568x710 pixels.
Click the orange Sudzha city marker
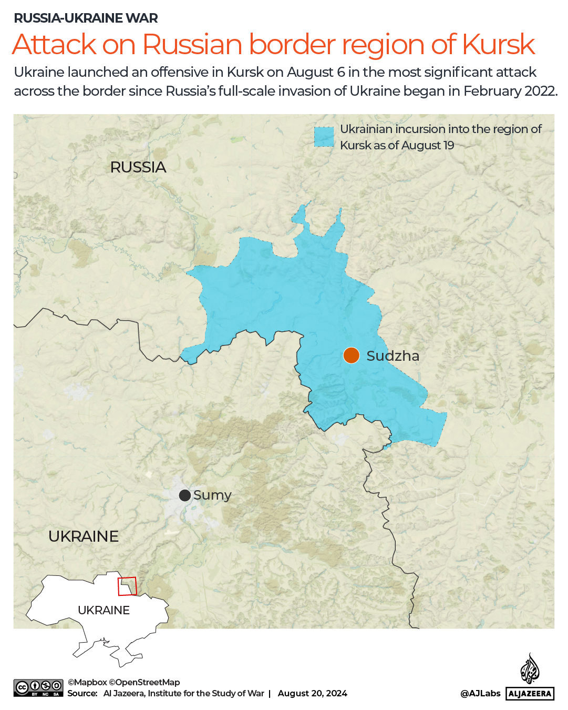point(351,356)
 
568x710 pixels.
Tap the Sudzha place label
point(393,356)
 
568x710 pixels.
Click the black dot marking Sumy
point(184,495)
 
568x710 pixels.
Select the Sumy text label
point(212,495)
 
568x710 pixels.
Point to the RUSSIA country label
point(138,167)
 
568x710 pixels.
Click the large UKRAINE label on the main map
point(84,536)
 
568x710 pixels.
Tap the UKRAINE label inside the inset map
point(104,610)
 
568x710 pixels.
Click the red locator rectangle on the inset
point(127,586)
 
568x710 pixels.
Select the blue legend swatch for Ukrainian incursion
point(324,137)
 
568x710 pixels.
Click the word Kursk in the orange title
point(498,45)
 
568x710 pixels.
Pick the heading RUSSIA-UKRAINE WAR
point(86,18)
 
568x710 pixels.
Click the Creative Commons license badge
point(38,688)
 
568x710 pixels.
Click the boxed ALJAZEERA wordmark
point(530,694)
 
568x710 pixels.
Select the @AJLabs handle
point(480,693)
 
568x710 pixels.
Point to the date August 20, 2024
point(312,693)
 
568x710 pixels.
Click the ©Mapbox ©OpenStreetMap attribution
point(124,682)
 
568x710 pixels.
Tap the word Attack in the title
point(55,45)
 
